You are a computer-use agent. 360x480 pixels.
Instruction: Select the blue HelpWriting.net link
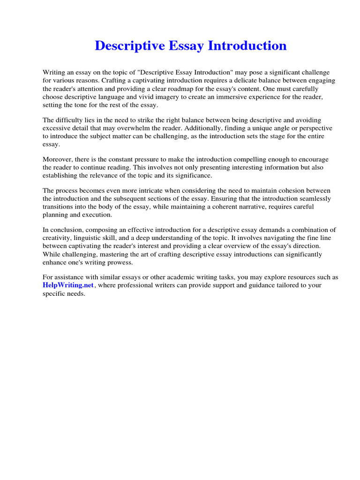(68, 285)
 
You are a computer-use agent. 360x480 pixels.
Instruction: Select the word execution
(97, 215)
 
